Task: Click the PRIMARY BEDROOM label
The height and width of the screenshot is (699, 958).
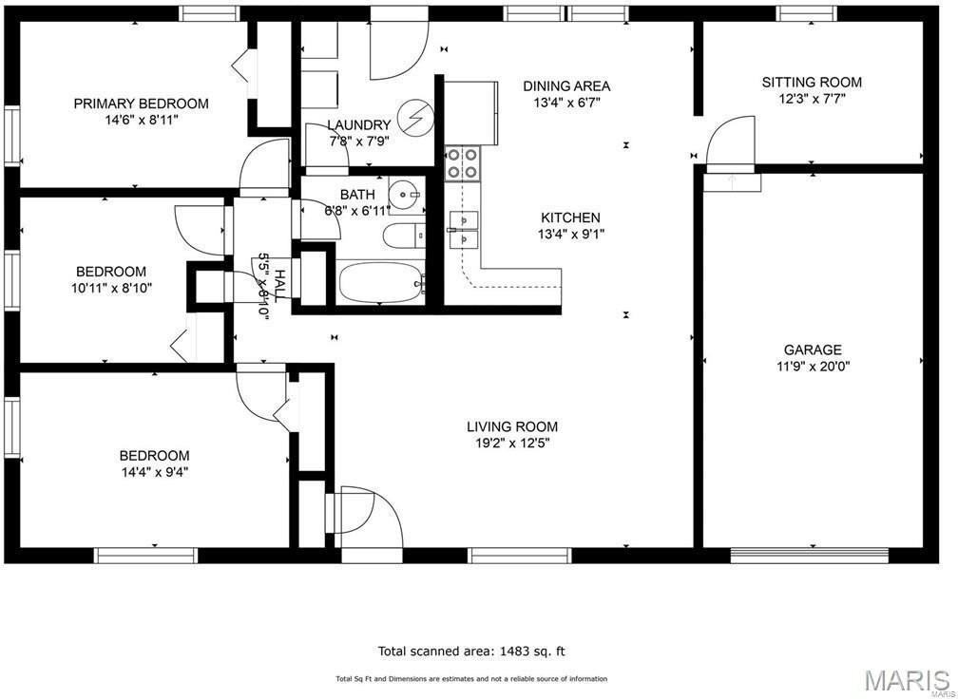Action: click(x=141, y=104)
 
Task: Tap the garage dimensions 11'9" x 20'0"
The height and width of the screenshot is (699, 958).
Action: click(x=813, y=367)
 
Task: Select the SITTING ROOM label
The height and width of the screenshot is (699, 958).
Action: click(x=812, y=82)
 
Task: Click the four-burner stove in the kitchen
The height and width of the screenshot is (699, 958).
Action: click(x=462, y=163)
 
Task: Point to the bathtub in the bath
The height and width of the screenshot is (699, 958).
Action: click(x=380, y=282)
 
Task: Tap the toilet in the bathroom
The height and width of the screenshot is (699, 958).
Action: click(x=404, y=236)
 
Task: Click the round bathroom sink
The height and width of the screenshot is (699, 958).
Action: click(x=405, y=195)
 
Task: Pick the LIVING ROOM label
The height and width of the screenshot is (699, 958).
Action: click(x=512, y=426)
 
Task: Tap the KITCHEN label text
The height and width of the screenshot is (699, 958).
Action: click(x=570, y=217)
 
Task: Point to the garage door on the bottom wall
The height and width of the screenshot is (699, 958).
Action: click(x=810, y=555)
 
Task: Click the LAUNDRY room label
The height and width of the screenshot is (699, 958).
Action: click(x=358, y=125)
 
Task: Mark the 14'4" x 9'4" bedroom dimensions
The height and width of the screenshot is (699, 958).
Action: click(x=154, y=471)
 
